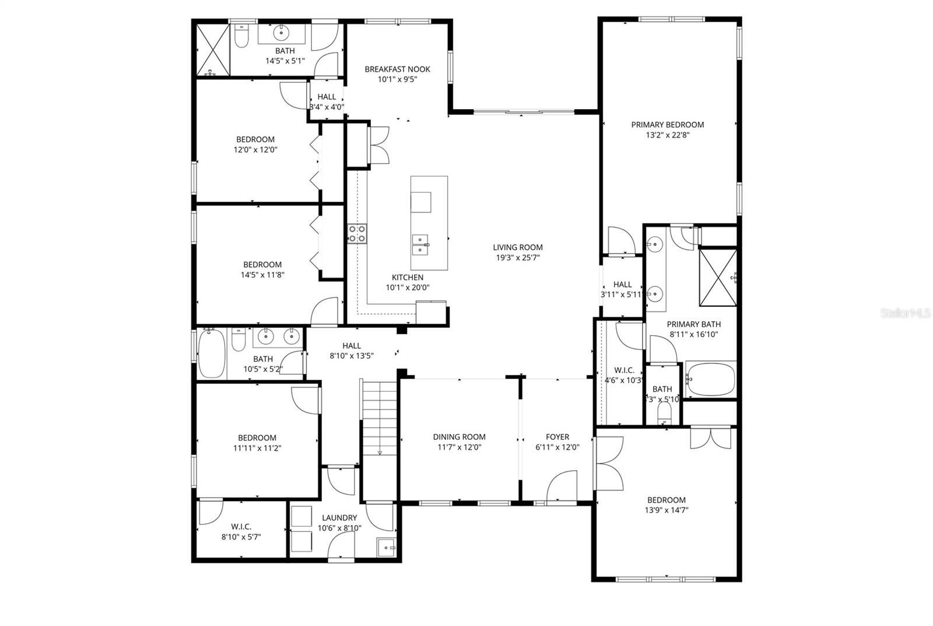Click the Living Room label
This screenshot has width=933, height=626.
click(518, 247)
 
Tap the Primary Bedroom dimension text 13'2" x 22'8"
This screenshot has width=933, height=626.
click(667, 135)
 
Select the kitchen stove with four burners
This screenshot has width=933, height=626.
click(357, 234)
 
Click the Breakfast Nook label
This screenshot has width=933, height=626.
click(397, 69)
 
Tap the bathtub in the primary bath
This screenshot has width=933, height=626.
click(710, 379)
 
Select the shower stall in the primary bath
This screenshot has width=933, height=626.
click(718, 277)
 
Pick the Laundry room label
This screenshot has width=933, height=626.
click(339, 517)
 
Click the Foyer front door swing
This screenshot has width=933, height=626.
click(561, 486)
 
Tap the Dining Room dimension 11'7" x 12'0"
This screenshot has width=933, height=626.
click(459, 447)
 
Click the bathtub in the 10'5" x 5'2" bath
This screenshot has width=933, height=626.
click(212, 354)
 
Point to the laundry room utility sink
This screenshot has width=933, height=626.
click(386, 548)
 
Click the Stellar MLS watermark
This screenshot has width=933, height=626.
click(905, 313)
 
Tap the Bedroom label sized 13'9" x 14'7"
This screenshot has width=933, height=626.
click(666, 500)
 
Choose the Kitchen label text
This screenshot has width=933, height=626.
click(407, 277)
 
